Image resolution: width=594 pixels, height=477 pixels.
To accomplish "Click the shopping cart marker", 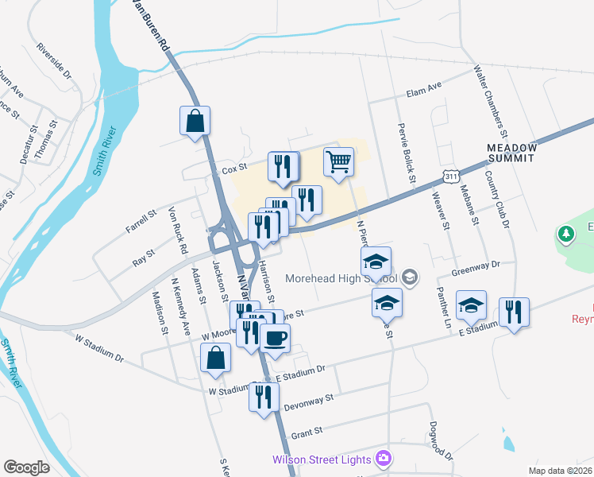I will point(339,163).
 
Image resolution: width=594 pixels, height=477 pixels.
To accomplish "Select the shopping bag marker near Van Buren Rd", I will point(195,122).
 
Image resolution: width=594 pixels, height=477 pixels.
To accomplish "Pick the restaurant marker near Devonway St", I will point(264,397).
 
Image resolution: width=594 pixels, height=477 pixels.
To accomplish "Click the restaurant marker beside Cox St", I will point(283,166).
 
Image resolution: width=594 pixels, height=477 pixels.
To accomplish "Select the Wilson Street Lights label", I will point(322,459).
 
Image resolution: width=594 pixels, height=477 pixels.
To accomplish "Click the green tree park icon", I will point(566,235).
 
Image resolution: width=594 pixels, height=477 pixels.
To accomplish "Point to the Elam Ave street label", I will point(423,87).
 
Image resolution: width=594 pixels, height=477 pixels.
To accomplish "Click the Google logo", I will point(26,467).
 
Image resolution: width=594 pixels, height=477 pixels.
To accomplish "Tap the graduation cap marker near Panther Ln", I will point(471,305).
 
